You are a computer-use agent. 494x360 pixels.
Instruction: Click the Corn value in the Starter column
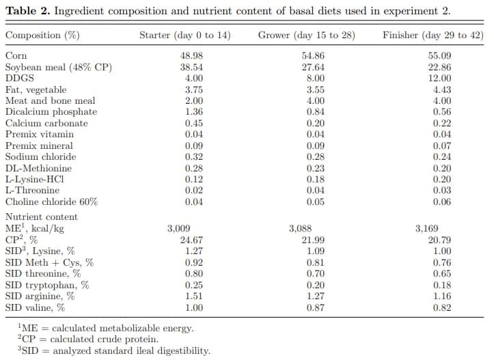tap(193, 56)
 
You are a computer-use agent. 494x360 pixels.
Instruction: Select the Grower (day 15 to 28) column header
tap(306, 35)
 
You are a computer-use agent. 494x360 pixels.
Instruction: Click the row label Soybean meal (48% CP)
tap(58, 67)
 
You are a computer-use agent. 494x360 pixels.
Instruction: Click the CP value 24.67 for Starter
tap(193, 240)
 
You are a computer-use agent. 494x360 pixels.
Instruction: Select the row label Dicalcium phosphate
tap(51, 111)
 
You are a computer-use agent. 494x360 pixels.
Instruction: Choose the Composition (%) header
tap(42, 35)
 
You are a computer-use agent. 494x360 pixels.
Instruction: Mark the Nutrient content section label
tap(41, 217)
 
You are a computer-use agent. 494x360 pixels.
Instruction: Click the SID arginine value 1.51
tap(193, 296)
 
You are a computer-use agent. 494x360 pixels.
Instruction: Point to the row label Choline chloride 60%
tap(51, 202)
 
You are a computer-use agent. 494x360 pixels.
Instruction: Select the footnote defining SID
tap(112, 351)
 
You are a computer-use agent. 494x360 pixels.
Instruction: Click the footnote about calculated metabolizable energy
tap(102, 328)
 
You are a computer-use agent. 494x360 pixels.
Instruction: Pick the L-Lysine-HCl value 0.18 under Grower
tap(316, 179)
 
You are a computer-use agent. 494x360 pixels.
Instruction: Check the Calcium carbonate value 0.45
tap(193, 123)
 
